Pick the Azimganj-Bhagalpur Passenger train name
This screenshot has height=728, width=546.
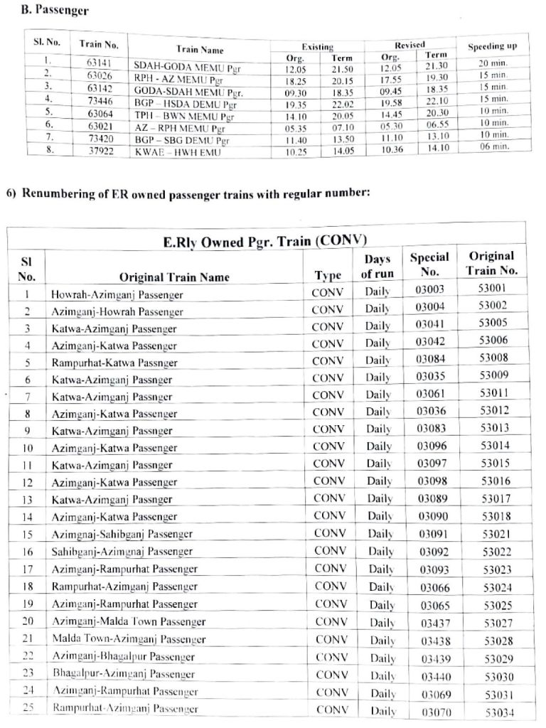(123, 657)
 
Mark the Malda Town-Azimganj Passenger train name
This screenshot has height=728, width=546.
(129, 639)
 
